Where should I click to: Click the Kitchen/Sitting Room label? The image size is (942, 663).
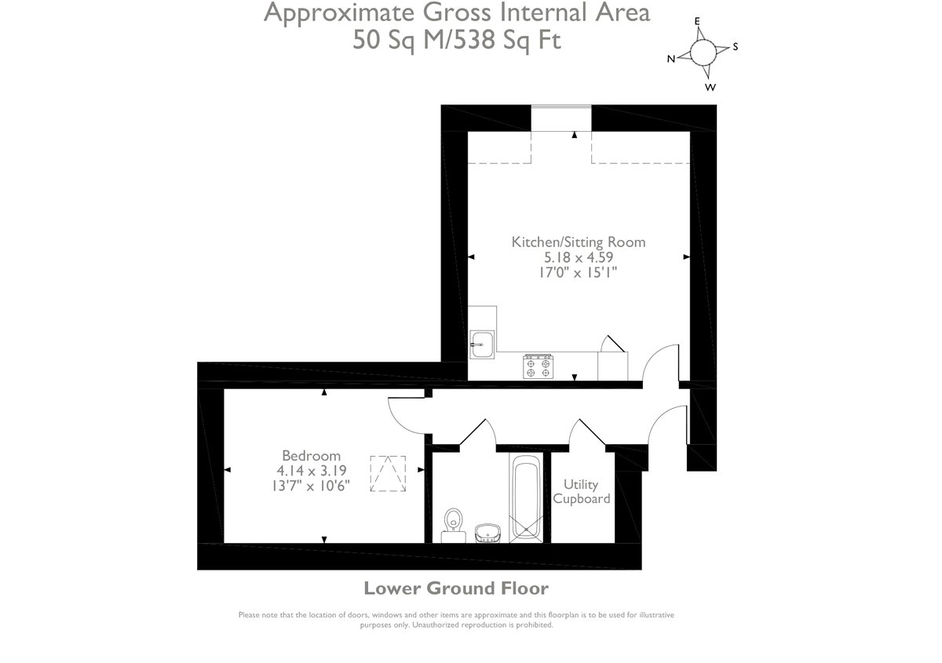coord(579,242)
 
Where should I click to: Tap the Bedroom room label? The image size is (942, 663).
coord(311,456)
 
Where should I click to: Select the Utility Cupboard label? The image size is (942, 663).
coord(581,491)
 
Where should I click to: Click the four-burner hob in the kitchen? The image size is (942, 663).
coord(539,366)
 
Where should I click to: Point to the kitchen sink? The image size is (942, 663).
coord(482,344)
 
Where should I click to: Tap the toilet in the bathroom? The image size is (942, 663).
coord(454,526)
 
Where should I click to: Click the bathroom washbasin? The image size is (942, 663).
coord(487,533)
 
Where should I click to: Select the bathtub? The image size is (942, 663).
coord(526,497)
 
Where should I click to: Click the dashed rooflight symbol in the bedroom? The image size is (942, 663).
coord(388,474)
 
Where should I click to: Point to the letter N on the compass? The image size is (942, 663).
coord(671,59)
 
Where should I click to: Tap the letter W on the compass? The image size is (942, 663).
coord(710,87)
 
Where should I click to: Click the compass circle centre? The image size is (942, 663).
coord(703,53)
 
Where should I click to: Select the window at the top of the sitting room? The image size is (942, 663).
coord(561,118)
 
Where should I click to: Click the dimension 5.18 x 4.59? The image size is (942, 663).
coord(579,257)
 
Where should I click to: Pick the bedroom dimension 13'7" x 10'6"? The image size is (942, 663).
coord(311,486)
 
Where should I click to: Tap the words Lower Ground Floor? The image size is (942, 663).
coord(456,588)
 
